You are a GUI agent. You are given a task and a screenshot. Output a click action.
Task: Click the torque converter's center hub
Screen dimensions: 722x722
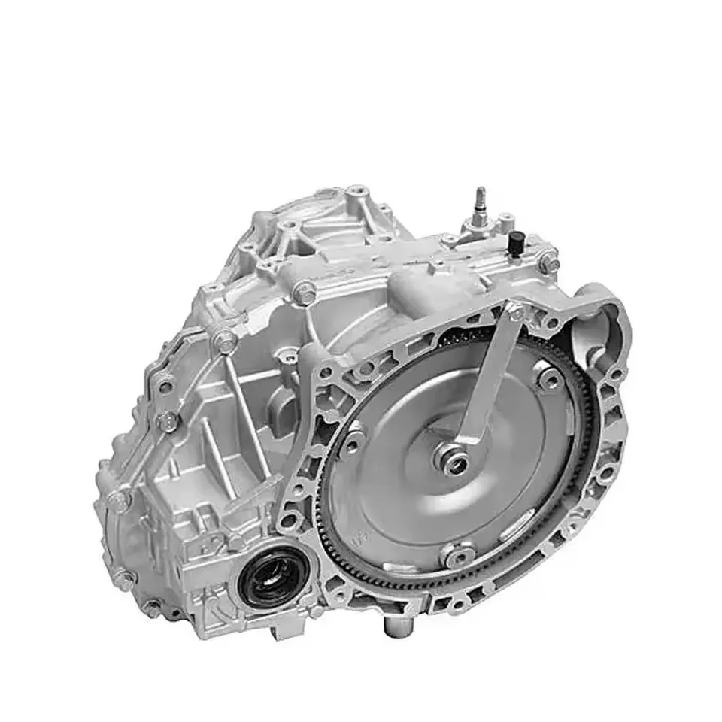tap(454, 460)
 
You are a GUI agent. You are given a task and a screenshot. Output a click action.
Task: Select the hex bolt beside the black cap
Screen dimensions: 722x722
tap(551, 264)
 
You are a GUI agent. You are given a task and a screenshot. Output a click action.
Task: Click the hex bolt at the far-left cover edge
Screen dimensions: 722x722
tap(118, 497)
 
